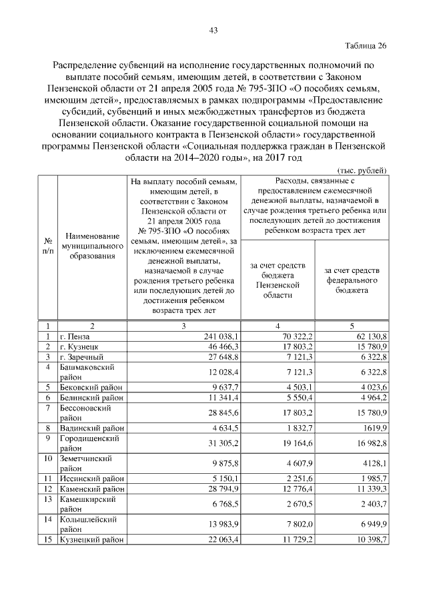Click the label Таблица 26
366,46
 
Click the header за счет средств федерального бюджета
352,281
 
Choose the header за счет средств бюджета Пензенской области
278,280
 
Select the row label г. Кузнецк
79,348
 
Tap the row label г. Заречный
81,358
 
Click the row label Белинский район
91,396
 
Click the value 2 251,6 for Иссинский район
292,479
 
